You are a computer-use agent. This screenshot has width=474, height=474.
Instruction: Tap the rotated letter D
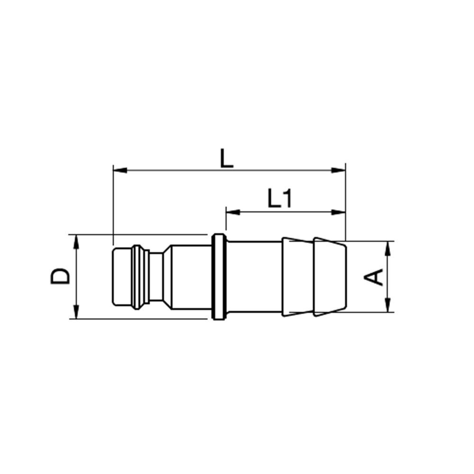[61, 276]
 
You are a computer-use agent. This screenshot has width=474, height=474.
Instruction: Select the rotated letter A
[375, 277]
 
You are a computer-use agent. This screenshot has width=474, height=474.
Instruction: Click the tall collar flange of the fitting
[219, 276]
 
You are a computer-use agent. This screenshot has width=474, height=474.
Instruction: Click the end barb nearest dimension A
[329, 276]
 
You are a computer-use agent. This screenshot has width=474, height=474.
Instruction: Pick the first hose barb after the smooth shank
[297, 276]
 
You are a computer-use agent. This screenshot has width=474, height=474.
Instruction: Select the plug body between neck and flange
[190, 276]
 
